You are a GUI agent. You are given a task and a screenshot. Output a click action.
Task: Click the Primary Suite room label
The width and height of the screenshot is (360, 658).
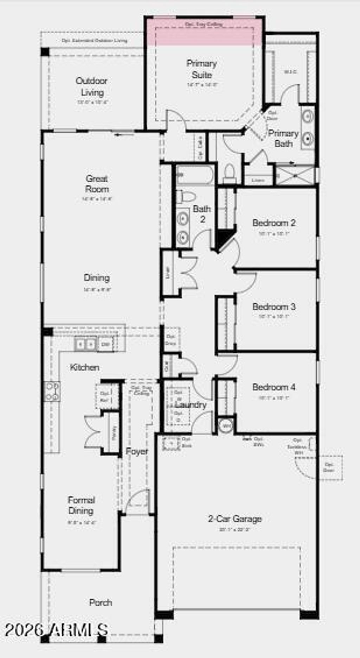point(201,69)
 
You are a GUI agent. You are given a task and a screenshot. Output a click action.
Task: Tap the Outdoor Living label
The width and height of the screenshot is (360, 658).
point(92,86)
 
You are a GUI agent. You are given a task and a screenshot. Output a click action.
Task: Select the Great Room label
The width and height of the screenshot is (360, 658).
point(97,183)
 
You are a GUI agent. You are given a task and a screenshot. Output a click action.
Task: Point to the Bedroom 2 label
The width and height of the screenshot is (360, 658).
point(274,223)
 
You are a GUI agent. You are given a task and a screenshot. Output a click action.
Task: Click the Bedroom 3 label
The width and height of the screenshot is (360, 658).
point(274,307)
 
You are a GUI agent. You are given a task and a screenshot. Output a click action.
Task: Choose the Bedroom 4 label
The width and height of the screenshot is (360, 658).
point(274,387)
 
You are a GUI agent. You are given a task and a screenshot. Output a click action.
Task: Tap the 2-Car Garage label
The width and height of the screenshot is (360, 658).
point(235,519)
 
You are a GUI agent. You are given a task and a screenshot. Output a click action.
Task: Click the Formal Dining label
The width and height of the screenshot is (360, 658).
point(81,505)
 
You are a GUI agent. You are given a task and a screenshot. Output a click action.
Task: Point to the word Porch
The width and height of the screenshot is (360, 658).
point(101,602)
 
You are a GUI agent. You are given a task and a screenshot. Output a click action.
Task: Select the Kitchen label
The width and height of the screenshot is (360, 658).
point(85,368)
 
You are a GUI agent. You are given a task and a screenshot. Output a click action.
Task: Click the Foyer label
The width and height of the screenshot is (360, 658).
point(137,451)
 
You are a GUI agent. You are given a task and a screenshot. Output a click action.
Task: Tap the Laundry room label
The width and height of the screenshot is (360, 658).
point(191,405)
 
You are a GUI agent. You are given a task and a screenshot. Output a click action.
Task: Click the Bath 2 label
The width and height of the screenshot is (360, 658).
point(202,214)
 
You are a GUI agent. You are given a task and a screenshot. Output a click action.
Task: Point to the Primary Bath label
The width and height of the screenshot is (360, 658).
point(283,138)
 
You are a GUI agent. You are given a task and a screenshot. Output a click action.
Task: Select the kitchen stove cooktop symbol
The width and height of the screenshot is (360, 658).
point(52,391)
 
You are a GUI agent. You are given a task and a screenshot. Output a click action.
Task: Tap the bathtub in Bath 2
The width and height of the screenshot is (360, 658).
point(195,175)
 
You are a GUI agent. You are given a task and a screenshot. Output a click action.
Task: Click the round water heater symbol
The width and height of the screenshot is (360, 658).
point(226,426)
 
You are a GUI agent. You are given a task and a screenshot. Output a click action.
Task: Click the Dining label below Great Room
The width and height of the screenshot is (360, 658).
point(97,278)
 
